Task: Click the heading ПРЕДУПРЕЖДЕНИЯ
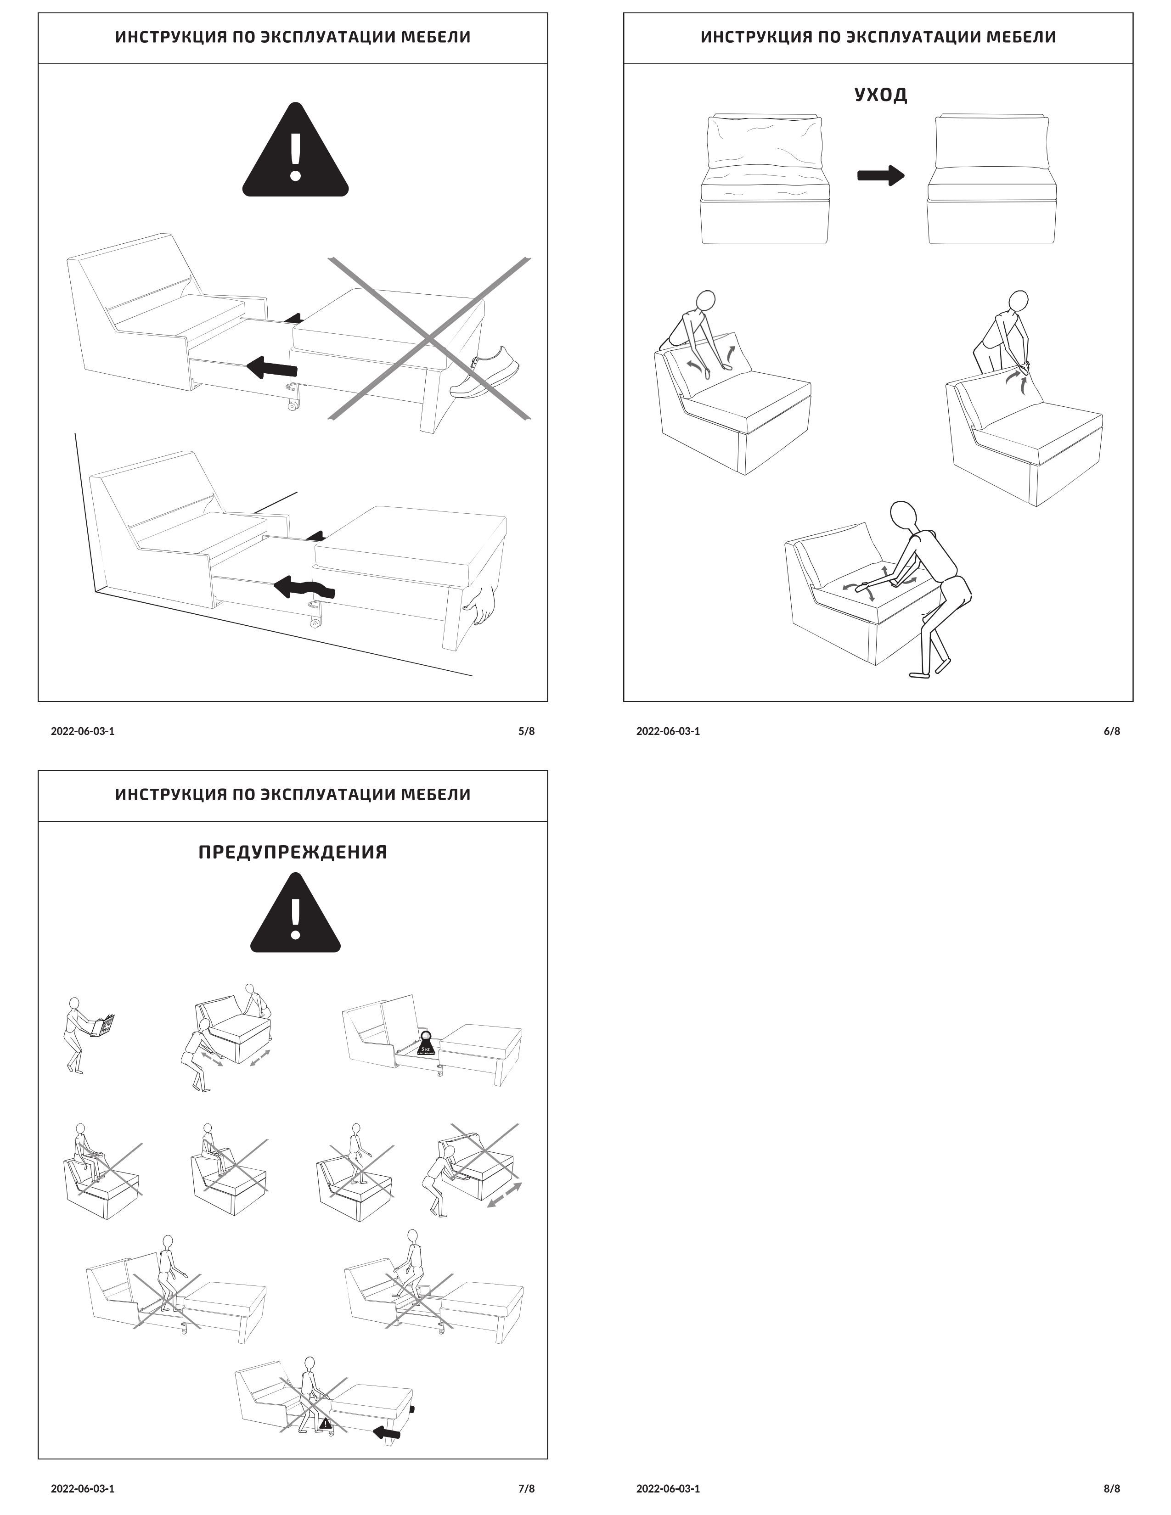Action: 293,852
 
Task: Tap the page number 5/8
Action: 527,731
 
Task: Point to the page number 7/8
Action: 527,1488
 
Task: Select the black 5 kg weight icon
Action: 426,1044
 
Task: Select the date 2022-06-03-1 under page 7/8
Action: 83,1488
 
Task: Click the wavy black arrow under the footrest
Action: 305,589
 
